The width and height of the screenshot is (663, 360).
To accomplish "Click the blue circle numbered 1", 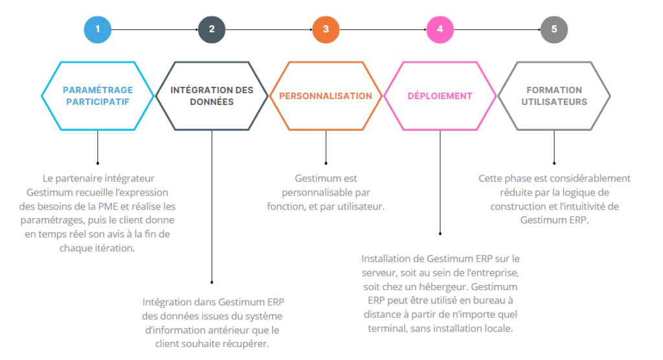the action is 98,29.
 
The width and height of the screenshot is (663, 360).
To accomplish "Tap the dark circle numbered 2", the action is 212,29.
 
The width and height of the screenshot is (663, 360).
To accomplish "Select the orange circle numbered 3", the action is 326,29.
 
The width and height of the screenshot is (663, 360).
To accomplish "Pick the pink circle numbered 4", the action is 440,29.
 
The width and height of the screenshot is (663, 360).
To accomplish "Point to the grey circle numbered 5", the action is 554,29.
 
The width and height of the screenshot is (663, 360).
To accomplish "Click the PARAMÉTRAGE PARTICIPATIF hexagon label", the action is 98,96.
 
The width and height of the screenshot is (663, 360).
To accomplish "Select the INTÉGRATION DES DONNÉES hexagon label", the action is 212,96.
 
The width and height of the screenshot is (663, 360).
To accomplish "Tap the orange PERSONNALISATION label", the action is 326,96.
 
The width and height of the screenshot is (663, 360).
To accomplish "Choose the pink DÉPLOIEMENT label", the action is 440,96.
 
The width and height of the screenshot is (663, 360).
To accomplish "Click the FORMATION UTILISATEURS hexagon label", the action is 554,96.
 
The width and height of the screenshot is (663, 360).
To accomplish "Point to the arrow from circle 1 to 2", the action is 155,30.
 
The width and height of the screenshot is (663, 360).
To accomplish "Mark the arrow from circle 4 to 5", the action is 497,30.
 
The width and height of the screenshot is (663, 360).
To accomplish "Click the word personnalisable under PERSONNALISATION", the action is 319,193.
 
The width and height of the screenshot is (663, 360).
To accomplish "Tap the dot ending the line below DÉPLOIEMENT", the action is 440,234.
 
